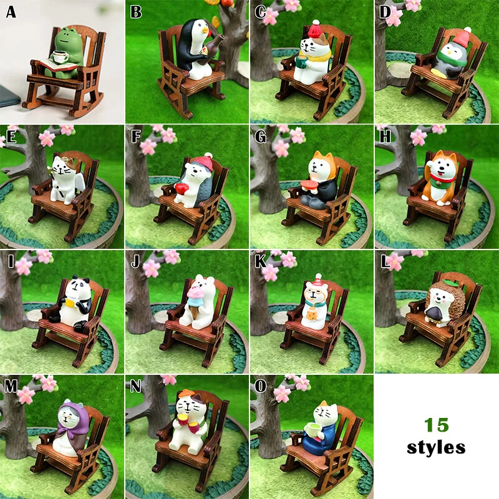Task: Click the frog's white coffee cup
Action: point(60,57)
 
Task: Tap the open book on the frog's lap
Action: point(58,65)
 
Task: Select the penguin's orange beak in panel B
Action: point(205,31)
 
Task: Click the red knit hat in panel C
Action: point(315,29)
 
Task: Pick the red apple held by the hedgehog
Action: point(182,189)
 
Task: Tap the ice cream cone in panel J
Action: point(195,301)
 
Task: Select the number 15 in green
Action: point(436,425)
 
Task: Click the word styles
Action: point(436,447)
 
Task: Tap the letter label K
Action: point(261,261)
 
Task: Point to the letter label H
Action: point(385,136)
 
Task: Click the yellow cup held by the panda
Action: point(70,303)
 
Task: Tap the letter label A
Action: point(11,12)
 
